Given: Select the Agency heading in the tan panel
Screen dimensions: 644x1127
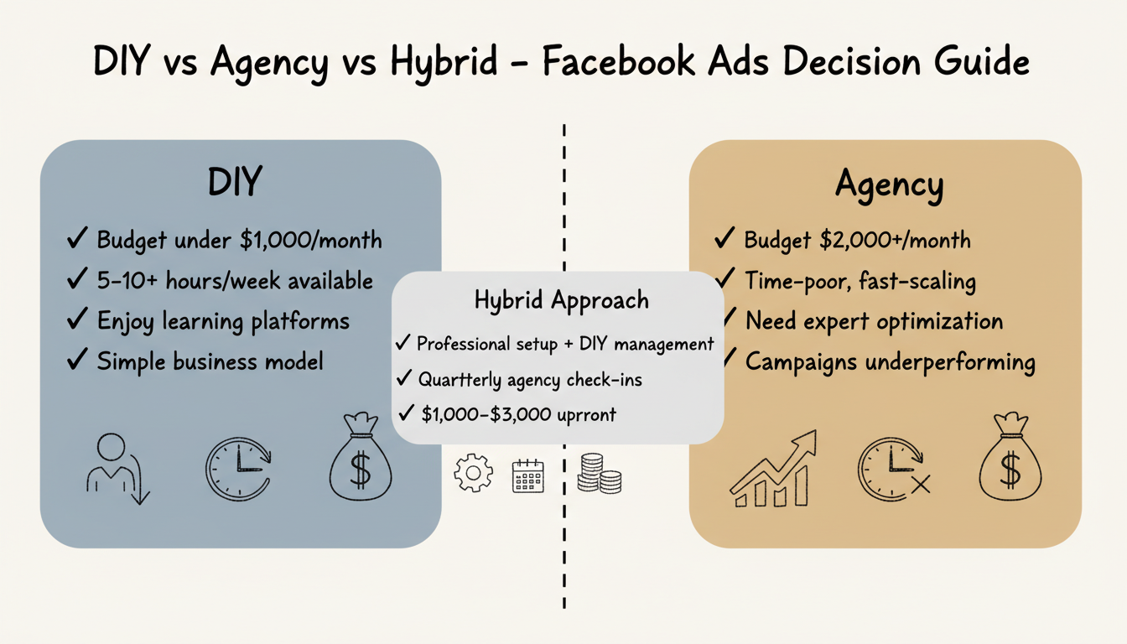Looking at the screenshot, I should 889,184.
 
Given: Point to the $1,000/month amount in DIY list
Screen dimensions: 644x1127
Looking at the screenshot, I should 310,241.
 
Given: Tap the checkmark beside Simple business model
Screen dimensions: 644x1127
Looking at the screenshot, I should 76,361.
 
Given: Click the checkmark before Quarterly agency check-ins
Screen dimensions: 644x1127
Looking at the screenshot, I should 404,379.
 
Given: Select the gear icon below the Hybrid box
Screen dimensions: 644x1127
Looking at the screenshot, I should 473,473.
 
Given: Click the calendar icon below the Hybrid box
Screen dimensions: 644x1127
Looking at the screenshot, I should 527,475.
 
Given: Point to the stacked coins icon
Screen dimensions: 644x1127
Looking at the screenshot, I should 600,473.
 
